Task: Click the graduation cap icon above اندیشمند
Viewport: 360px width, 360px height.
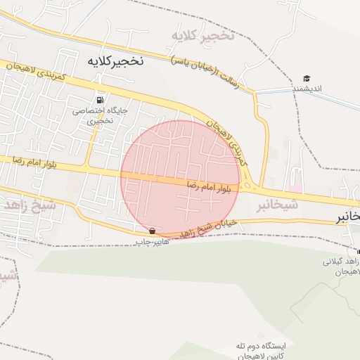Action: [x=307, y=78]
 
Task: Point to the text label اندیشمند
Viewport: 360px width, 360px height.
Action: [x=307, y=89]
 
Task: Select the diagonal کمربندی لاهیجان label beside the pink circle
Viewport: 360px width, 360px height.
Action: [x=228, y=141]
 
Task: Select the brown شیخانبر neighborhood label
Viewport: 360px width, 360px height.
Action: [x=275, y=205]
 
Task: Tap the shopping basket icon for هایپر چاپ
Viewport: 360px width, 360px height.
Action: [x=153, y=231]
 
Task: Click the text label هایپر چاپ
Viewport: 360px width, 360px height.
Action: [x=153, y=242]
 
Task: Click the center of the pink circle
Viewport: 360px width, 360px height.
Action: [x=181, y=180]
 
